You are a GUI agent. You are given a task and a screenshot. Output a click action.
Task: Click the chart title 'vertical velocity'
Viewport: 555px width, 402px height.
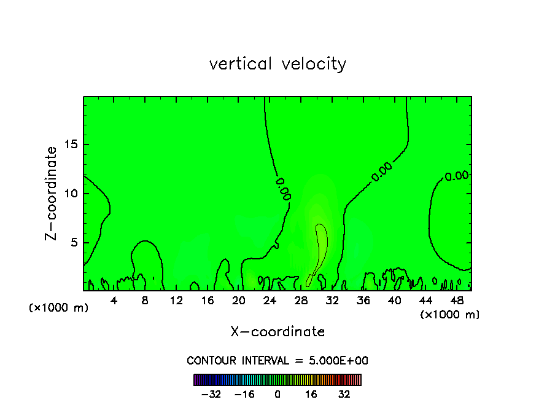pos(277,64)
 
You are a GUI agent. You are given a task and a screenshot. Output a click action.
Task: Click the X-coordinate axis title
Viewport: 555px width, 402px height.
pos(277,332)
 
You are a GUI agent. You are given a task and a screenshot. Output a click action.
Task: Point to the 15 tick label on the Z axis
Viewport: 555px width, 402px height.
pos(71,144)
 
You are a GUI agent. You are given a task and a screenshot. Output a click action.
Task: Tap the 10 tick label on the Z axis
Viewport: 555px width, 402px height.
pos(71,194)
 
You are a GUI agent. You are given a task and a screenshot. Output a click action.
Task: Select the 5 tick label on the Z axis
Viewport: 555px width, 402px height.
pos(74,242)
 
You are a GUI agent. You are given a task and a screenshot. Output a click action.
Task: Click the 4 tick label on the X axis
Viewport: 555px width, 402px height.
pos(114,301)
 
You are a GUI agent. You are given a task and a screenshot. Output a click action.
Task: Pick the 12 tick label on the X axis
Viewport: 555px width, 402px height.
pos(176,301)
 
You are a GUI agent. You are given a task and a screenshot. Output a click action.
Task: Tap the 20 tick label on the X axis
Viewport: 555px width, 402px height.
pos(239,301)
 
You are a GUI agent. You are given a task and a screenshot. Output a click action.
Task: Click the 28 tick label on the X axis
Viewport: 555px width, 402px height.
pos(301,301)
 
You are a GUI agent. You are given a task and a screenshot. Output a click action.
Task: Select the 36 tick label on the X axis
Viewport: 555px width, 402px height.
pos(363,301)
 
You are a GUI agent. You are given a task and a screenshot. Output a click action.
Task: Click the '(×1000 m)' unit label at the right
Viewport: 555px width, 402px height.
pos(450,315)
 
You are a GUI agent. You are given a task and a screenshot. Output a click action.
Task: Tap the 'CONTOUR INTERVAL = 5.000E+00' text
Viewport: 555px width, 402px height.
pos(277,360)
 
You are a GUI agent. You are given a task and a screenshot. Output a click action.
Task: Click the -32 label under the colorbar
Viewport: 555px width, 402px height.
pos(212,394)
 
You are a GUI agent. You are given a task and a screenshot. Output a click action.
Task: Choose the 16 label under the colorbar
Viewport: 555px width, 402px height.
pos(311,394)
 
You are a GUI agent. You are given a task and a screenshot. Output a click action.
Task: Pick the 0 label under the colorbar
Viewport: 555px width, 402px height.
pos(277,394)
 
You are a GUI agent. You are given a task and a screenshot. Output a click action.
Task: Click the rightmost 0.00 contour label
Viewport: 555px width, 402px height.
pos(457,176)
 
